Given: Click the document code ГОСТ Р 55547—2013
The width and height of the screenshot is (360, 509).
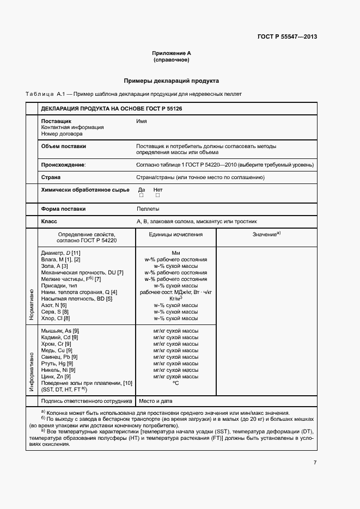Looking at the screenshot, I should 287,37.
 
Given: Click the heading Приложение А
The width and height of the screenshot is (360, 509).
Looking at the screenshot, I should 171,53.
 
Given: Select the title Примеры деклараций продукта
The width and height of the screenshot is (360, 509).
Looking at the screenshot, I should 171,81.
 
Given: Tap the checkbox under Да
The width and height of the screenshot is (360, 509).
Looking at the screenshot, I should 141,195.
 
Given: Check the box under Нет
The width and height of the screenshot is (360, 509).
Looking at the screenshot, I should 157,195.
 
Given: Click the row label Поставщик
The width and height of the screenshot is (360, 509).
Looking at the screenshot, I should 56,121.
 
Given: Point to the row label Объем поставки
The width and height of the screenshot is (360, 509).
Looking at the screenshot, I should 63,146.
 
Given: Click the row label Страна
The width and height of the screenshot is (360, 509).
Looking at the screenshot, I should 51,177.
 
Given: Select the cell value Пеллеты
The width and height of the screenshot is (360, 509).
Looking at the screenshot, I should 148,209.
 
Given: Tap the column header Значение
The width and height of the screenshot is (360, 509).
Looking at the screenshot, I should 266,234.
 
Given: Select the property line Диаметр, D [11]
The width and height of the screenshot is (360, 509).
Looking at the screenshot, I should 60,253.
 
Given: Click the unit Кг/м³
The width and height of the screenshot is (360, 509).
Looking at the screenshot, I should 175,298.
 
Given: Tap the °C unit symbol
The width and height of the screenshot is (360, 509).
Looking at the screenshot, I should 175,383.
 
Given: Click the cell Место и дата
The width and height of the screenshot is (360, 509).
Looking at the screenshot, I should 156,401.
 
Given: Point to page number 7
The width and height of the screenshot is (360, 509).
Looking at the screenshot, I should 315,463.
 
